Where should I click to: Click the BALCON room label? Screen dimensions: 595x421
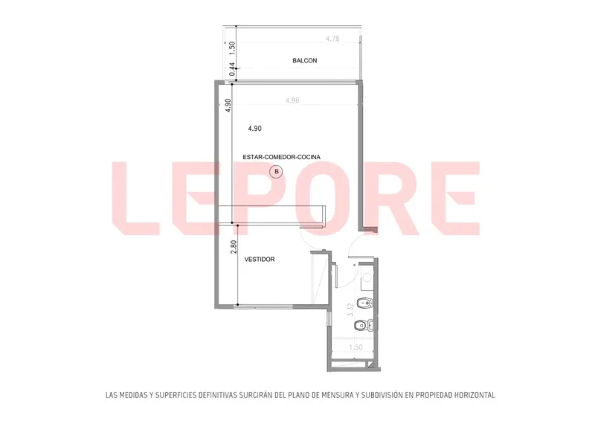305,60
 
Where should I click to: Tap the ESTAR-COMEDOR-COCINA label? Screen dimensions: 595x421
282,157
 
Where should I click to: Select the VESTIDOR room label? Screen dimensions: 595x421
260,260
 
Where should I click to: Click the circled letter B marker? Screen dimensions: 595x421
276,172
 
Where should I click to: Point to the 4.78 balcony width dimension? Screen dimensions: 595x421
332,39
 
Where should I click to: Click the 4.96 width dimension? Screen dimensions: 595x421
292,100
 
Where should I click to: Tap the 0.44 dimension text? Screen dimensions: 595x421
232,69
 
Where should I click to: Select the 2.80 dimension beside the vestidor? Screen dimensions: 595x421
234,247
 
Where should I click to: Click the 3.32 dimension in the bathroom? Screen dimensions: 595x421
350,309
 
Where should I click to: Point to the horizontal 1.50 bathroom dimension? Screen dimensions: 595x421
356,347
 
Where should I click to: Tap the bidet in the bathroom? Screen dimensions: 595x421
365,303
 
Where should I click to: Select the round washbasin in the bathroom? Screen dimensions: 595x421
366,277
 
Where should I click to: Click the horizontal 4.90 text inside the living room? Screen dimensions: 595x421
254,129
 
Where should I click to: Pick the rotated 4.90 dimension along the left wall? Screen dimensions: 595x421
228,106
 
